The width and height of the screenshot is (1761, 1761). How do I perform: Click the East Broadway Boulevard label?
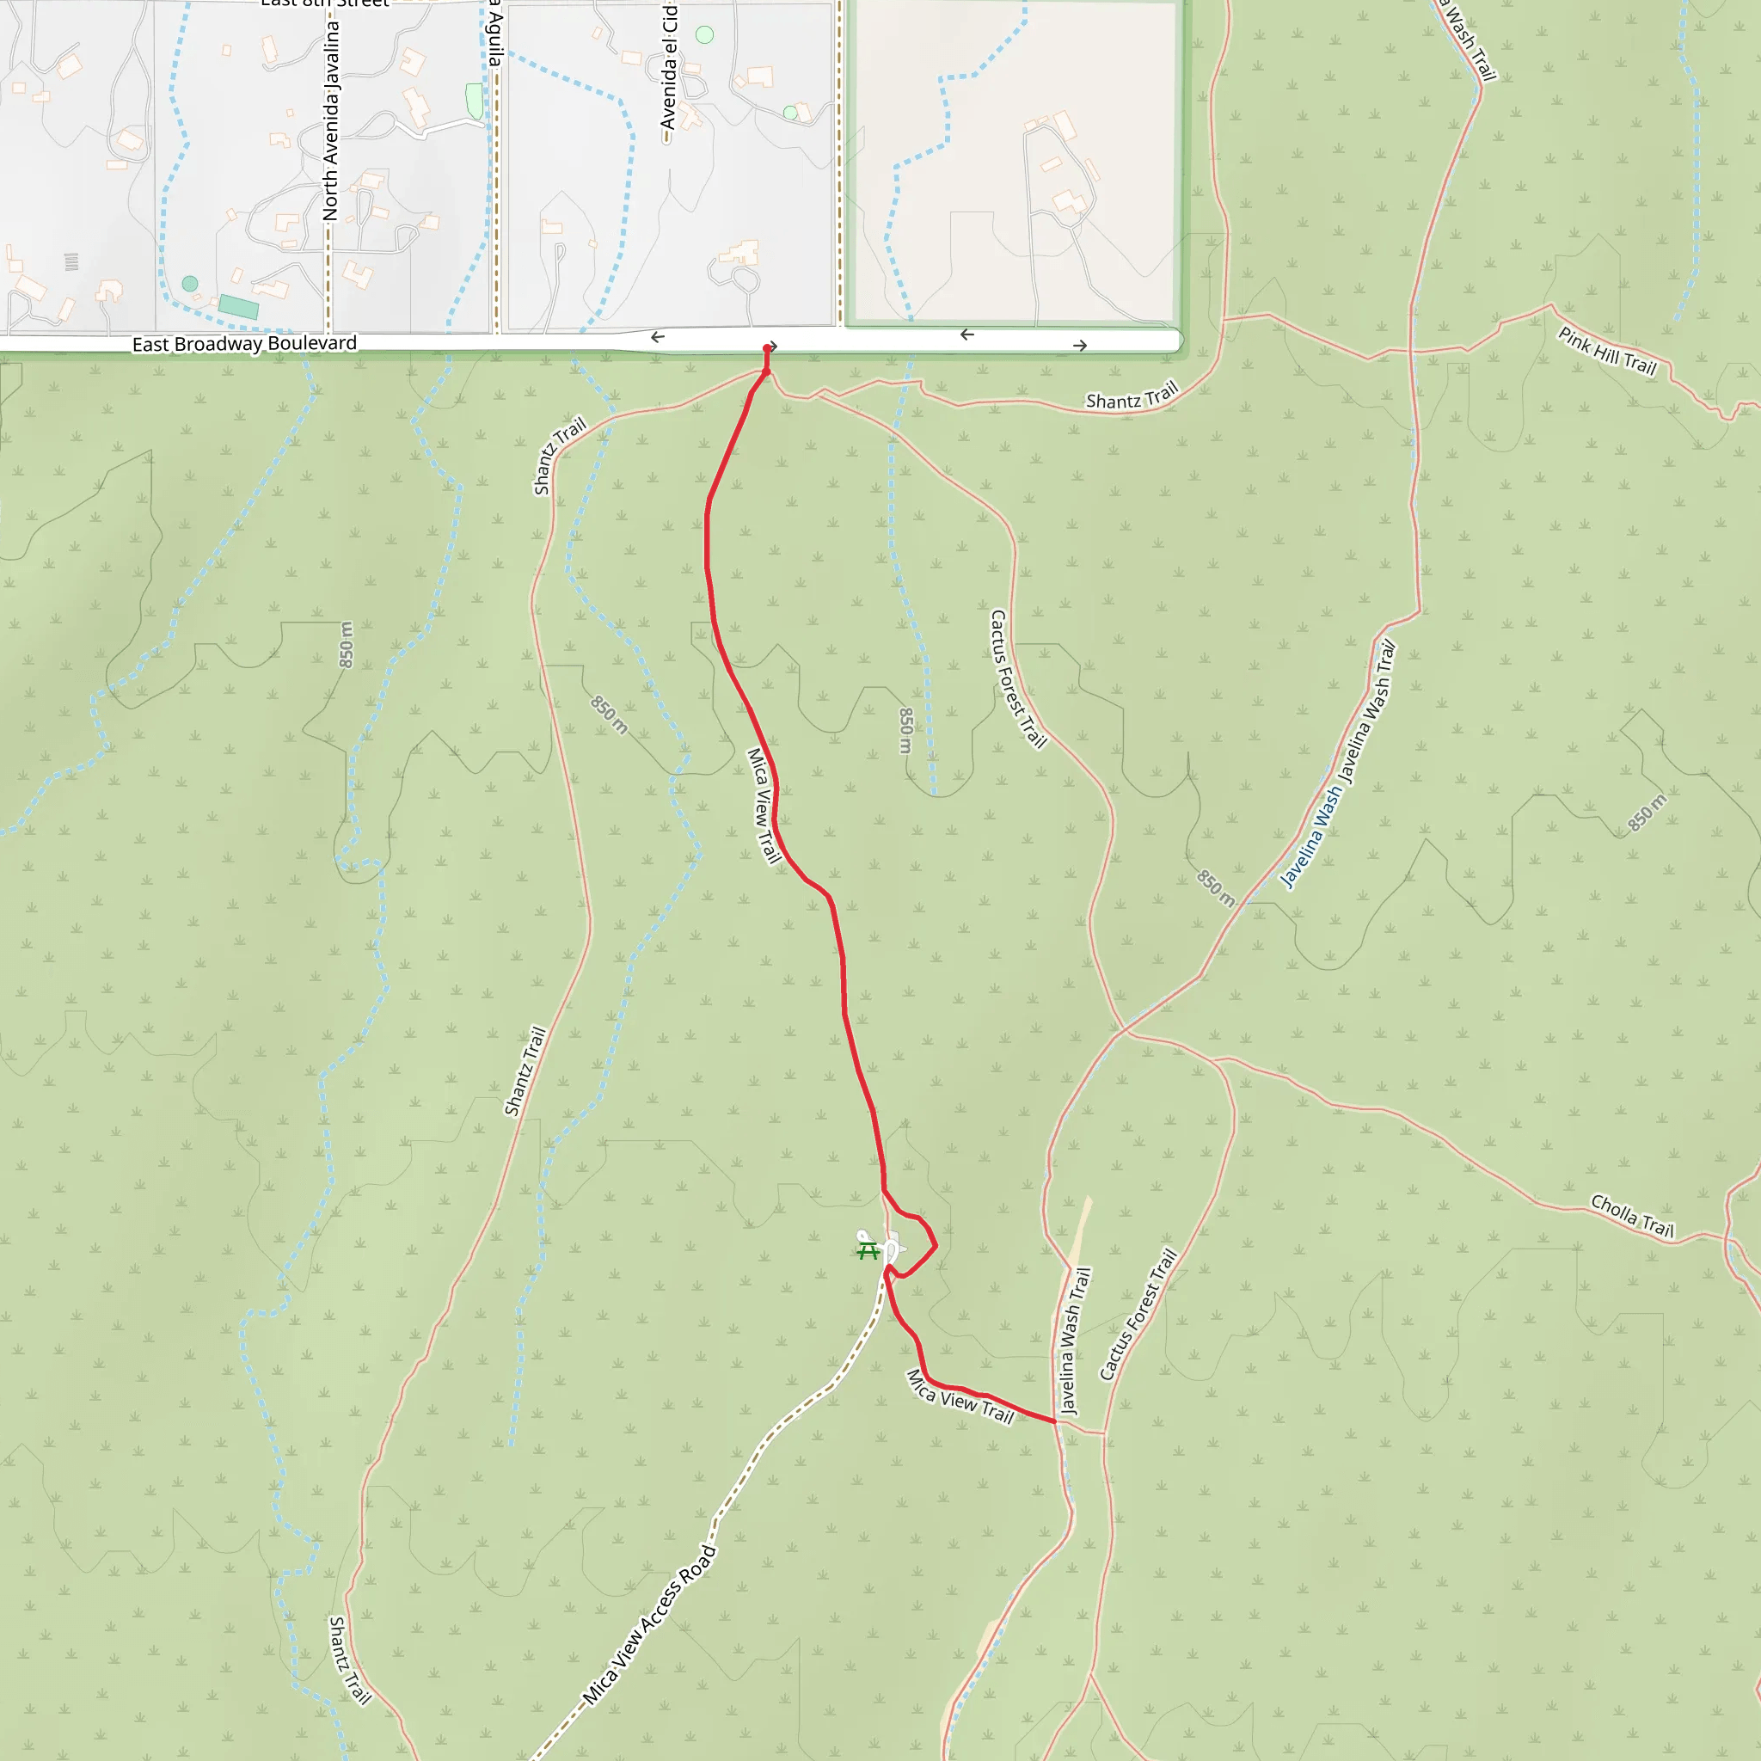[244, 344]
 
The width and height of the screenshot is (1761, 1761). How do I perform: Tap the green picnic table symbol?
[868, 1250]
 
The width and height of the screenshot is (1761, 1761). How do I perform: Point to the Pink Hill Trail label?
[1606, 351]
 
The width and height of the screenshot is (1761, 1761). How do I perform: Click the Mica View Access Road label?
[650, 1625]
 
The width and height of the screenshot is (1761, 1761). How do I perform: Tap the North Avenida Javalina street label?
[331, 120]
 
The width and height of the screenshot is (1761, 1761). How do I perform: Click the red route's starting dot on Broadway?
[766, 348]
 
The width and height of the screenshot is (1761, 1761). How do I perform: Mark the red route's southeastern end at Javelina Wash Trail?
[1054, 1421]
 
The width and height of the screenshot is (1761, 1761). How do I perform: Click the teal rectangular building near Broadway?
[239, 307]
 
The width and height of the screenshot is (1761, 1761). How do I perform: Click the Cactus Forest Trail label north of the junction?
[1017, 679]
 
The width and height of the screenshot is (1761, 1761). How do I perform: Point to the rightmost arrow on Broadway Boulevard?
[1080, 346]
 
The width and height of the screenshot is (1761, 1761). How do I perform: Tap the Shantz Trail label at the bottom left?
[349, 1660]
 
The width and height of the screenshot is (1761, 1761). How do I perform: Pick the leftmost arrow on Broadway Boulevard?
[657, 337]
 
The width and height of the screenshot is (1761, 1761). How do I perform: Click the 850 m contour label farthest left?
[347, 644]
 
